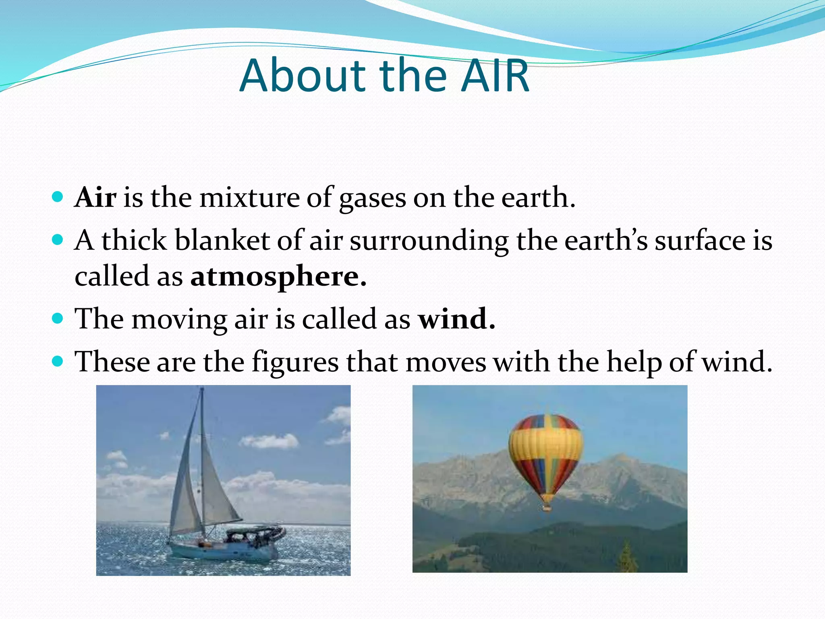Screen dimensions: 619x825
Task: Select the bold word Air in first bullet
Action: [x=95, y=197]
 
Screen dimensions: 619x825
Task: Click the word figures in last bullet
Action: [x=295, y=362]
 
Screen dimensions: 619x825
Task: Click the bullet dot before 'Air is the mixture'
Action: [x=58, y=197]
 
